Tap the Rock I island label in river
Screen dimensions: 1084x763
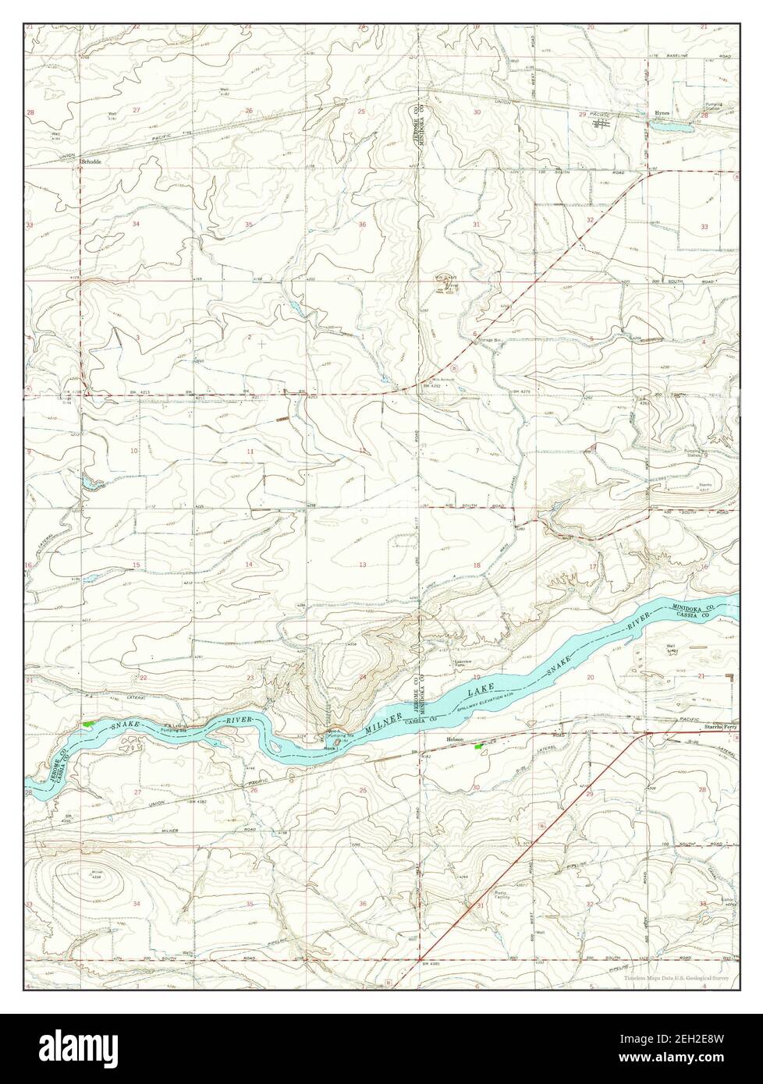click(330, 747)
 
